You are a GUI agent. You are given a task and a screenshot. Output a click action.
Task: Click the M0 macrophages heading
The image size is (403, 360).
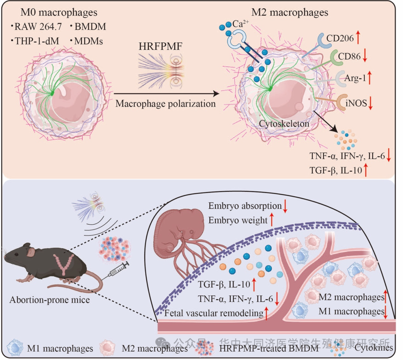click(x=59, y=12)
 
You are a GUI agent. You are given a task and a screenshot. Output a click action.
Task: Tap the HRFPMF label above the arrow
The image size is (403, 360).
click(x=160, y=46)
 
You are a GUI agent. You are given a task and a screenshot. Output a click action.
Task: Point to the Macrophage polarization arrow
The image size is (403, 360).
click(x=166, y=94)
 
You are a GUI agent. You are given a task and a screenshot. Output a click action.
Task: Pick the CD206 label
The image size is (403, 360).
click(x=340, y=38)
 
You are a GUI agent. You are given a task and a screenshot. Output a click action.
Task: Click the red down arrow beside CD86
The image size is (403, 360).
click(x=365, y=56)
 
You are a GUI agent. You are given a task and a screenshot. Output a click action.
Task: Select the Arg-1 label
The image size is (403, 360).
click(x=355, y=78)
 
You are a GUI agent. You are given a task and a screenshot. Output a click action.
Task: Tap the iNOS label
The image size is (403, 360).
click(x=356, y=103)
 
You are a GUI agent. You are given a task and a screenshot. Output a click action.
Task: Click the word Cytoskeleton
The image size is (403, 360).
click(x=284, y=123)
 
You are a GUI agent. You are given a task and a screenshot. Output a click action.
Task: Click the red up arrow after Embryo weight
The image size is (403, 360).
click(x=272, y=220)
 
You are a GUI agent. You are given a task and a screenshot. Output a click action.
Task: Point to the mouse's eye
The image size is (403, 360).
click(x=16, y=254)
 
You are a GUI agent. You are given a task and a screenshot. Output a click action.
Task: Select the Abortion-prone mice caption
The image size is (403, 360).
click(x=50, y=300)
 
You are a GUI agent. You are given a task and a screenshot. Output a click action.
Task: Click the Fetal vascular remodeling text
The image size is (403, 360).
click(x=214, y=313)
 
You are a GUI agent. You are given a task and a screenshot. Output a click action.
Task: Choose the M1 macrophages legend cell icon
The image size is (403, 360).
click(x=15, y=348)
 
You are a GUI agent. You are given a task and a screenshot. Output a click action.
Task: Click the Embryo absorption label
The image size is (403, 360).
click(x=245, y=206)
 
